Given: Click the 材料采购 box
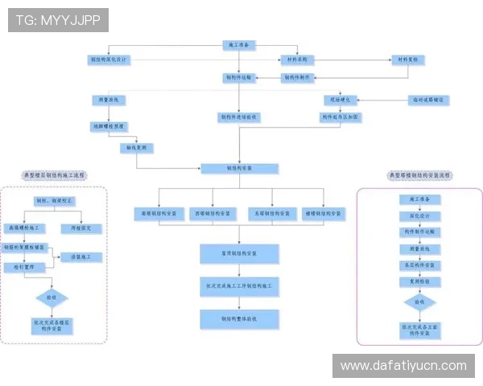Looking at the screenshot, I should point(298,60).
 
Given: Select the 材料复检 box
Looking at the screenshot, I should point(408,60).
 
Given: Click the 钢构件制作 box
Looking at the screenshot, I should point(300,78).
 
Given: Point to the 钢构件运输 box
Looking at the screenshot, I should point(239,78).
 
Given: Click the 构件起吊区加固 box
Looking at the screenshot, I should point(341,117).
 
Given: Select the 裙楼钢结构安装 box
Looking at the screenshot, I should point(324,213).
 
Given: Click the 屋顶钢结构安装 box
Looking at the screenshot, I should point(239,254).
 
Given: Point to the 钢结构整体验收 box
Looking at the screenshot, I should point(239,319).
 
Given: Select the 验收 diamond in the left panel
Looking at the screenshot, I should point(51,298).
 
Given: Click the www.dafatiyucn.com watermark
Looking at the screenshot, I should point(402,366).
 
